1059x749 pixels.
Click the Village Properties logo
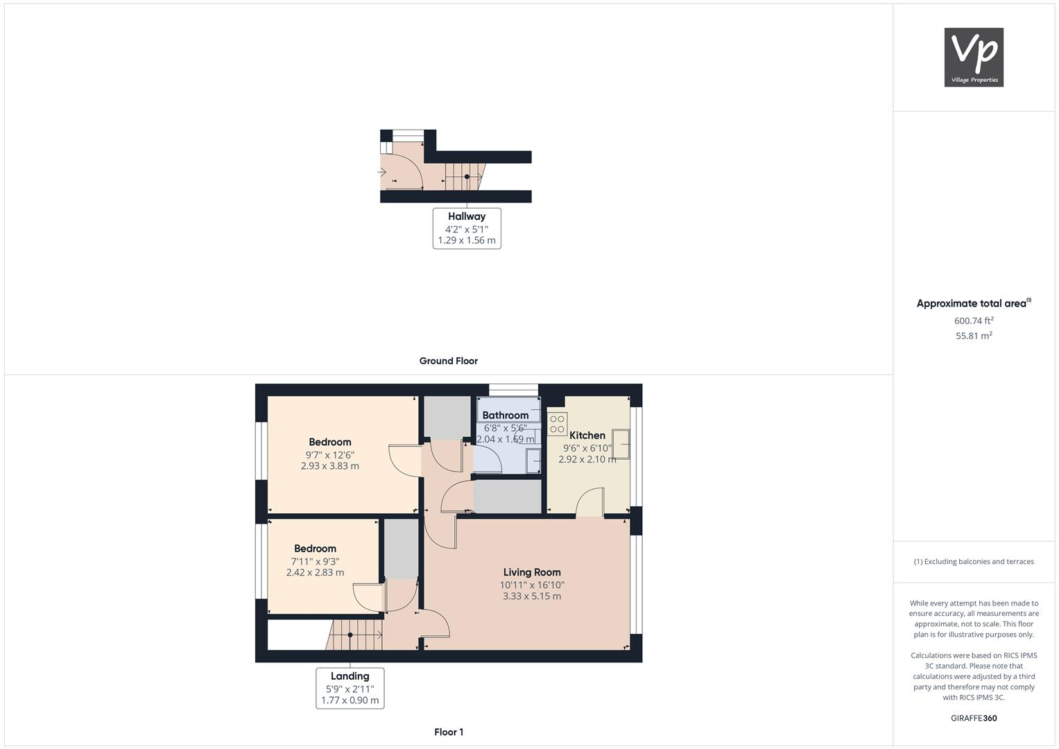[x=974, y=58]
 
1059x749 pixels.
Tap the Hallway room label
[x=467, y=216]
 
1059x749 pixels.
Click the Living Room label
[x=532, y=572]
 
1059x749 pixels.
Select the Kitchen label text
[x=587, y=436]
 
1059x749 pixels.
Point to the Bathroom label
[x=505, y=415]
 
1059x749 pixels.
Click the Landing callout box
[x=350, y=687]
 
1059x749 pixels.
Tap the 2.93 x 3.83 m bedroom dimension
[x=330, y=466]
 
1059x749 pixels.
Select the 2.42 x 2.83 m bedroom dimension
[x=315, y=572]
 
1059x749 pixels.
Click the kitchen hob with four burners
[x=557, y=424]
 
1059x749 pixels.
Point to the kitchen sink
[x=621, y=444]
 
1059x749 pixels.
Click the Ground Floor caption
[x=449, y=361]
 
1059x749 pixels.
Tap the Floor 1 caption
[x=449, y=732]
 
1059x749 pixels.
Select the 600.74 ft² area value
[x=974, y=320]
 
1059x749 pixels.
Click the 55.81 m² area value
[x=974, y=336]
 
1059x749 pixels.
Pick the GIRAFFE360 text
[x=974, y=718]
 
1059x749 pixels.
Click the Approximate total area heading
[x=973, y=303]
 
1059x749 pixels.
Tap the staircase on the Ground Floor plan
[x=463, y=176]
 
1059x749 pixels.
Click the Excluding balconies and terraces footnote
[x=974, y=562]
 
